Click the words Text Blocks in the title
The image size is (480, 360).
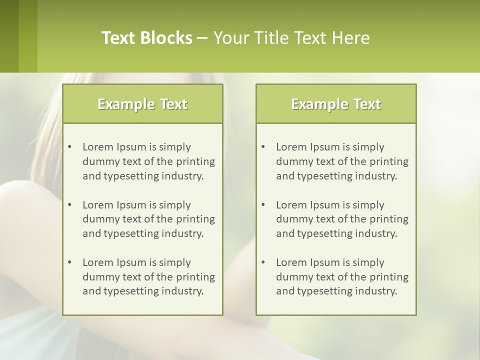[x=146, y=38]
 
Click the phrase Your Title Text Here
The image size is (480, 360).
[x=291, y=38]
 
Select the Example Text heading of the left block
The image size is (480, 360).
[x=142, y=104]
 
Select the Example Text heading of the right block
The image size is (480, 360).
[x=336, y=104]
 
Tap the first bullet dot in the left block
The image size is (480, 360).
[x=69, y=147]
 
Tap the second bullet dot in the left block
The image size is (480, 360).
[x=69, y=205]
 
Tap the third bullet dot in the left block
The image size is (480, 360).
[x=69, y=262]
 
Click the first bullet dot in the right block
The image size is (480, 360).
[x=263, y=147]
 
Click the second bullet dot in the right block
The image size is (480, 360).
[x=263, y=205]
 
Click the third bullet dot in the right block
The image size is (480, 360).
[x=263, y=262]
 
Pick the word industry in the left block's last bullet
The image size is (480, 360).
[x=183, y=291]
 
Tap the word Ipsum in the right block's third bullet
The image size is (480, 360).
[x=325, y=262]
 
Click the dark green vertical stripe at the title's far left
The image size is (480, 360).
[x=9, y=36]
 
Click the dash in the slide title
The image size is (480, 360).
[x=202, y=38]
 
